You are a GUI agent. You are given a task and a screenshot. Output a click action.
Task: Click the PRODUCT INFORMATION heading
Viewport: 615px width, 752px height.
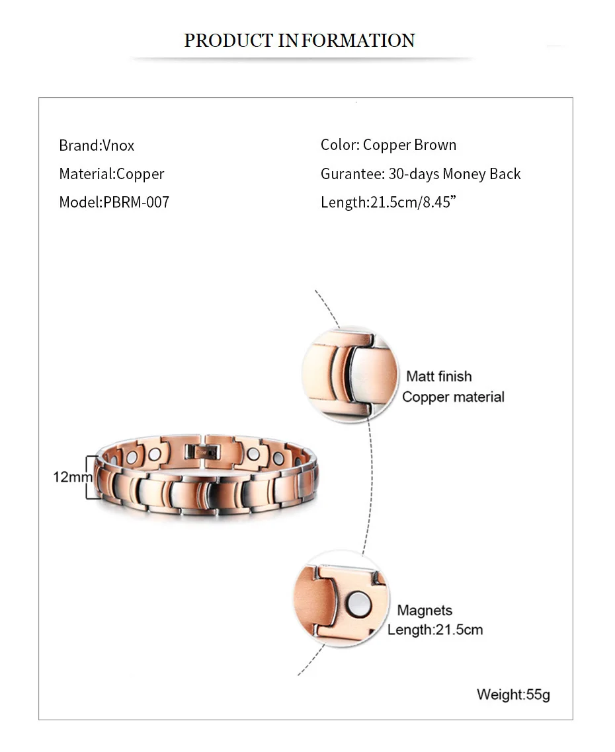299,41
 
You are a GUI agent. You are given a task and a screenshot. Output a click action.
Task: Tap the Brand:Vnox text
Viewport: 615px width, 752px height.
97,145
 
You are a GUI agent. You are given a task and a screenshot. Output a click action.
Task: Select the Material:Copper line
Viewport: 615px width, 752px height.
111,174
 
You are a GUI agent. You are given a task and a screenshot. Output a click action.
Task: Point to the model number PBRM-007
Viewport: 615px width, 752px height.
136,202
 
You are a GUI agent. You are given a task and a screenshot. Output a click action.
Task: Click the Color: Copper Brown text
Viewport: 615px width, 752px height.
388,145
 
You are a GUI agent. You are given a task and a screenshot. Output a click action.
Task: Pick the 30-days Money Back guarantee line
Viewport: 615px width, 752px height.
421,174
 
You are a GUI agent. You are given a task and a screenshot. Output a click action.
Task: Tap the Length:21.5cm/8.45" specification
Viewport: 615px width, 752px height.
389,202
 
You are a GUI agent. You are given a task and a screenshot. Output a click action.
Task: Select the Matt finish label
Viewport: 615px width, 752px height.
439,377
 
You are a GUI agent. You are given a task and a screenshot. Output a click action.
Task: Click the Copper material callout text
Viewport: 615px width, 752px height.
453,397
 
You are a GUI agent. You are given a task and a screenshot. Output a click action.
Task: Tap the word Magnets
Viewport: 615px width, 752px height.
425,611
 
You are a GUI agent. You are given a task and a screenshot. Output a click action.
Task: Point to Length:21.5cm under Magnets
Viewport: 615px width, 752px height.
435,630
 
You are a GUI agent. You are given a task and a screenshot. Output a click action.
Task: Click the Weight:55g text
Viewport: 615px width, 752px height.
513,695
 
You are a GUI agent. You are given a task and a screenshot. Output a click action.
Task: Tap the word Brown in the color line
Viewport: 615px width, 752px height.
436,145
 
